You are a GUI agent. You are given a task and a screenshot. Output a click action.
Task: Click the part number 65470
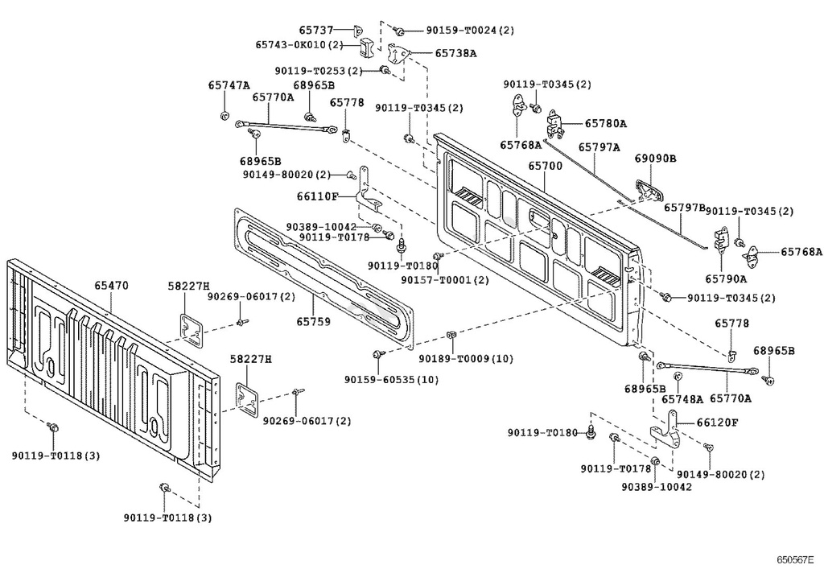tap(111, 285)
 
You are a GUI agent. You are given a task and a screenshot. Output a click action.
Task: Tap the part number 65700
tap(545, 165)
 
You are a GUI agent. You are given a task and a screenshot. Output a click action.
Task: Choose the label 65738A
tap(455, 53)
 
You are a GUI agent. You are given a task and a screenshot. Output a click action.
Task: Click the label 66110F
tap(317, 196)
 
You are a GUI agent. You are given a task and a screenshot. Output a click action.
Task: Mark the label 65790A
tap(726, 279)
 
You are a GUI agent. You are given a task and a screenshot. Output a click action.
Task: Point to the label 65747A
tap(229, 85)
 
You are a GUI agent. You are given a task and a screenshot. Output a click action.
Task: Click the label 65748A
tap(682, 398)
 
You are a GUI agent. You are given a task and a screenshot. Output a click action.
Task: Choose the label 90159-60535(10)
tap(391, 379)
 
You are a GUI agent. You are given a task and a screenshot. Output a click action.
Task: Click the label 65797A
tap(599, 147)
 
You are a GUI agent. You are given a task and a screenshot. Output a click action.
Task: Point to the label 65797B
tap(684, 207)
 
